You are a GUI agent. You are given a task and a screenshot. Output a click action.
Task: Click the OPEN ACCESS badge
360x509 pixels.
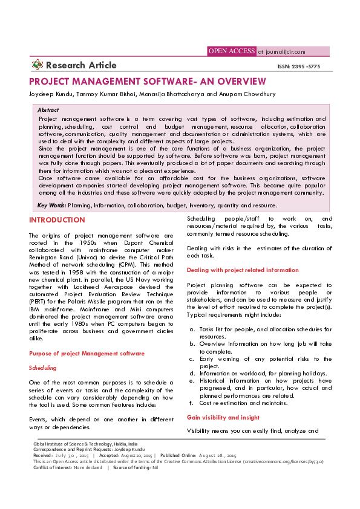(x=231, y=51)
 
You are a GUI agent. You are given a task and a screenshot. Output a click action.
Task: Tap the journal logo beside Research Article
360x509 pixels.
(x=38, y=65)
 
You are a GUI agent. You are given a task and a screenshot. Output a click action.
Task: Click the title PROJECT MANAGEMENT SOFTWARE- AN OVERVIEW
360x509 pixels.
(x=148, y=82)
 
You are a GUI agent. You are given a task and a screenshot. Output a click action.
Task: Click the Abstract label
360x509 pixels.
(x=48, y=111)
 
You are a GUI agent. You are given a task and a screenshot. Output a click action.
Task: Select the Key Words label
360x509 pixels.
(x=48, y=206)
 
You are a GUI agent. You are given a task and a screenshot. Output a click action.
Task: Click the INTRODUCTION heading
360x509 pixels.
(x=57, y=220)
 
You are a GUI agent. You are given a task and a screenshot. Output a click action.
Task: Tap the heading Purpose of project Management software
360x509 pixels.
(x=86, y=353)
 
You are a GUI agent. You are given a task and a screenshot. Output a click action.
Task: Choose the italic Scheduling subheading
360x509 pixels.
(x=42, y=368)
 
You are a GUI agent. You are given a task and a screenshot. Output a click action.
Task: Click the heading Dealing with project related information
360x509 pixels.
(x=242, y=270)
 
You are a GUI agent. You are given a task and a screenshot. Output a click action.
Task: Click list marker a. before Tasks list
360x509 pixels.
(x=192, y=329)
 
